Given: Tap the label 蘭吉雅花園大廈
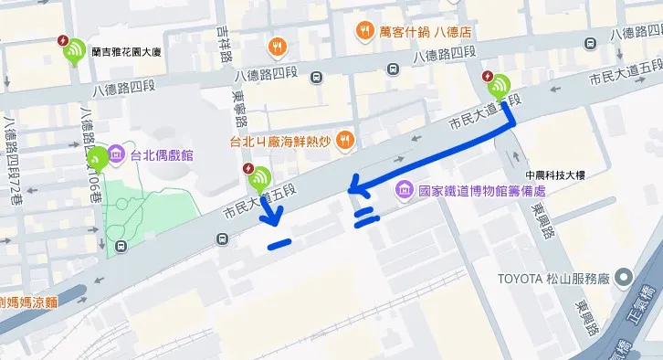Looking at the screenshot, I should pyautogui.click(x=126, y=54).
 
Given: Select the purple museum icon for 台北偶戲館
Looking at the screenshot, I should pyautogui.click(x=117, y=155).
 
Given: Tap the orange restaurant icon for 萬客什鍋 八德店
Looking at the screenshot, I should pyautogui.click(x=364, y=29).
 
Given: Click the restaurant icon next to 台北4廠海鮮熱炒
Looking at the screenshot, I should pyautogui.click(x=344, y=140).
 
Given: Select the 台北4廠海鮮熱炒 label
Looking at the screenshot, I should pyautogui.click(x=279, y=141).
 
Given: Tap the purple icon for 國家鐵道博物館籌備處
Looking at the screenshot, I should pyautogui.click(x=403, y=191).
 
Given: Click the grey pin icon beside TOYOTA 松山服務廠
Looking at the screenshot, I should pyautogui.click(x=623, y=277).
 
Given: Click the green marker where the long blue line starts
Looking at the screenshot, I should pyautogui.click(x=499, y=87).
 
